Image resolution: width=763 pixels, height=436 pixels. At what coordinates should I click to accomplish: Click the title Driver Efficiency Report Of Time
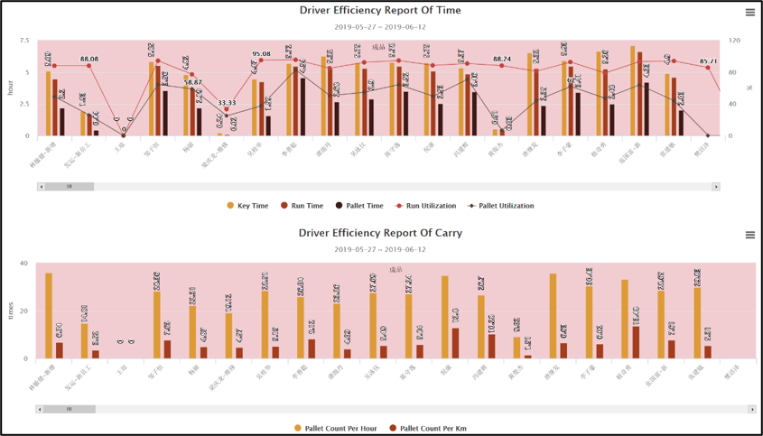tap(380, 11)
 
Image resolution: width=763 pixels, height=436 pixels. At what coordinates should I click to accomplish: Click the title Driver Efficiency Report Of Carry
tap(380, 233)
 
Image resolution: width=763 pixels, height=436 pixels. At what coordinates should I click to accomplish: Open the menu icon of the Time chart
tap(750, 13)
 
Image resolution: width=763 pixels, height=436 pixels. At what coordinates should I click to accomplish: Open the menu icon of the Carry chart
tap(750, 235)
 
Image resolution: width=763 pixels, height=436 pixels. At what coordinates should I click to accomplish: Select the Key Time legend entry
tap(247, 206)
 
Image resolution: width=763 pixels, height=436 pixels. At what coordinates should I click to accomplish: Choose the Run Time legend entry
tap(302, 206)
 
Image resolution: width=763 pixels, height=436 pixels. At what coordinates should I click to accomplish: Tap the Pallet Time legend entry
tap(359, 206)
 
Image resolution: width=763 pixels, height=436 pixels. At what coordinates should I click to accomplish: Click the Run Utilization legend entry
tap(425, 206)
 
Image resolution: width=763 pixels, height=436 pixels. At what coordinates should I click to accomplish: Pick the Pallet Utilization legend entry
tap(499, 206)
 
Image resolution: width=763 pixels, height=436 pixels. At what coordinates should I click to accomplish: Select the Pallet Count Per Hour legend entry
tap(335, 429)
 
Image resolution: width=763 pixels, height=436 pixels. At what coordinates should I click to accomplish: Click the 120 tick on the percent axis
tap(735, 41)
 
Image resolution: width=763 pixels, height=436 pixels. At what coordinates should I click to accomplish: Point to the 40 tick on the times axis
tap(23, 264)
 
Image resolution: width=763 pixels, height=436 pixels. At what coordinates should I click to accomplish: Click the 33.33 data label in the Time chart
tap(227, 103)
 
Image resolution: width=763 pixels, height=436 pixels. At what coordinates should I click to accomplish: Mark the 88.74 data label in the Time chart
tap(502, 60)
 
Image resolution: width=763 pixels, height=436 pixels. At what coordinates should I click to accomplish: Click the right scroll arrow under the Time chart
tap(716, 187)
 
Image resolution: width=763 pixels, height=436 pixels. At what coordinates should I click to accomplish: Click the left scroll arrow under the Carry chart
tap(41, 409)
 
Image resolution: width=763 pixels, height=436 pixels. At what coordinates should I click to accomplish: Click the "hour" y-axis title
tap(11, 88)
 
